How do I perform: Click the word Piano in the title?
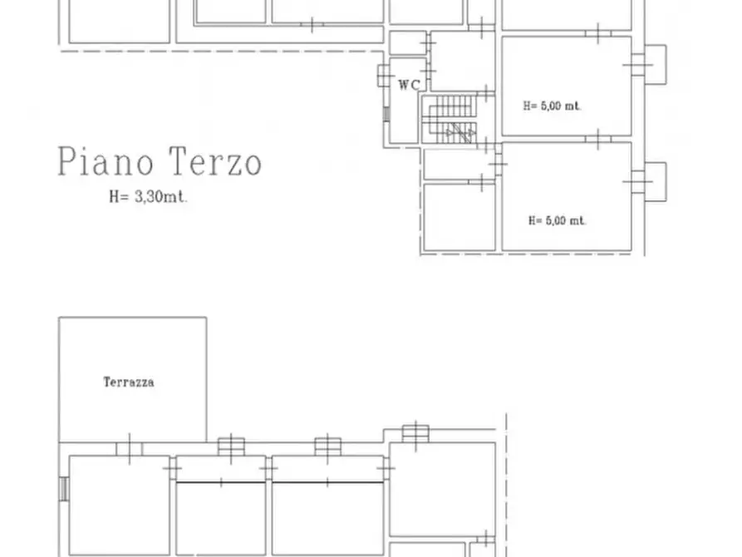[x=106, y=161]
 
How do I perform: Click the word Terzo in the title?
[x=215, y=161]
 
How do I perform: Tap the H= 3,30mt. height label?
[x=148, y=196]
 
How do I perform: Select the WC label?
[x=410, y=85]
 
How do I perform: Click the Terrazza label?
[x=129, y=382]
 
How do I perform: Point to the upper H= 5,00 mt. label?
[x=552, y=106]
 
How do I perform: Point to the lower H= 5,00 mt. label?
[x=557, y=220]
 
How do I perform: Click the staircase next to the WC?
[x=450, y=119]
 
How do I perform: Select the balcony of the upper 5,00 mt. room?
[x=656, y=64]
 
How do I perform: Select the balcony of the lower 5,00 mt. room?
[x=656, y=182]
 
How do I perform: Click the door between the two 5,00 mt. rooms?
[x=598, y=139]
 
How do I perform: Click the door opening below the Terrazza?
[x=130, y=449]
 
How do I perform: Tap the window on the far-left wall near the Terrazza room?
[x=64, y=489]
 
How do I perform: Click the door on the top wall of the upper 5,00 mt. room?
[x=598, y=33]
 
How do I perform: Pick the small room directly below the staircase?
[x=459, y=164]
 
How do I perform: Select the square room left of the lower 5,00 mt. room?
[x=459, y=218]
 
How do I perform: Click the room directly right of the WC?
[x=462, y=61]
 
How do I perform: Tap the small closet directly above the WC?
[x=408, y=42]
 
